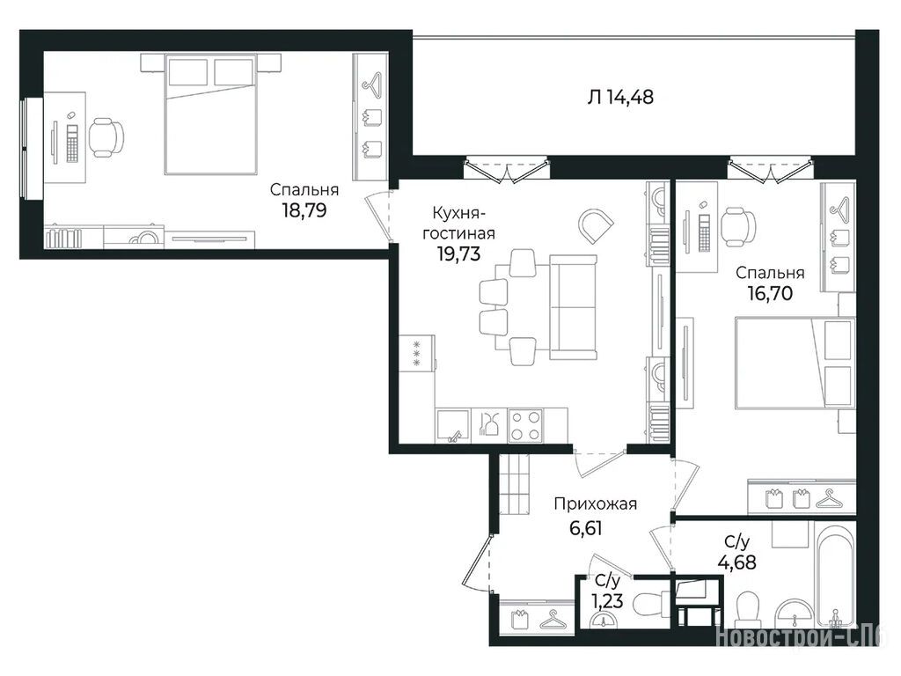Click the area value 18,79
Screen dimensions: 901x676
(x=304, y=210)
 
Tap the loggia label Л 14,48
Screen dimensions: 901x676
(x=620, y=97)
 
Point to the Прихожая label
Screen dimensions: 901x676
(x=596, y=504)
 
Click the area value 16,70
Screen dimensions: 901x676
(x=770, y=293)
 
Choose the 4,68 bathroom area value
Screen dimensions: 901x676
(x=737, y=562)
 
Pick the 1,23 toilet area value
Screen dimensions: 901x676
(x=607, y=601)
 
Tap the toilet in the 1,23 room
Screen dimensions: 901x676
(x=649, y=604)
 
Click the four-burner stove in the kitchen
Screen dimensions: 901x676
(x=525, y=425)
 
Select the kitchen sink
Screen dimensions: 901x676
(x=453, y=425)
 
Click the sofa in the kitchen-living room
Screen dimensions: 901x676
(x=574, y=307)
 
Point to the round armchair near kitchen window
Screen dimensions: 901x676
(x=596, y=224)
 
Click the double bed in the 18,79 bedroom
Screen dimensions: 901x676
(x=210, y=114)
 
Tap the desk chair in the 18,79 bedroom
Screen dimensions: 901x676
(x=106, y=137)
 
